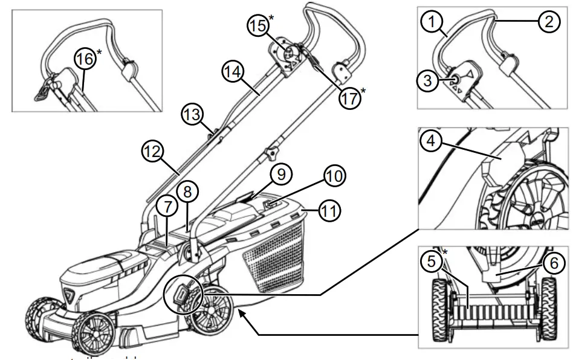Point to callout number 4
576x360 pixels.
coord(430,141)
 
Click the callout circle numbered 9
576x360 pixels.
coord(280,176)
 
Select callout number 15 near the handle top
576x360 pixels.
coord(260,25)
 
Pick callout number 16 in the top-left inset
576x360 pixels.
coord(85,59)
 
